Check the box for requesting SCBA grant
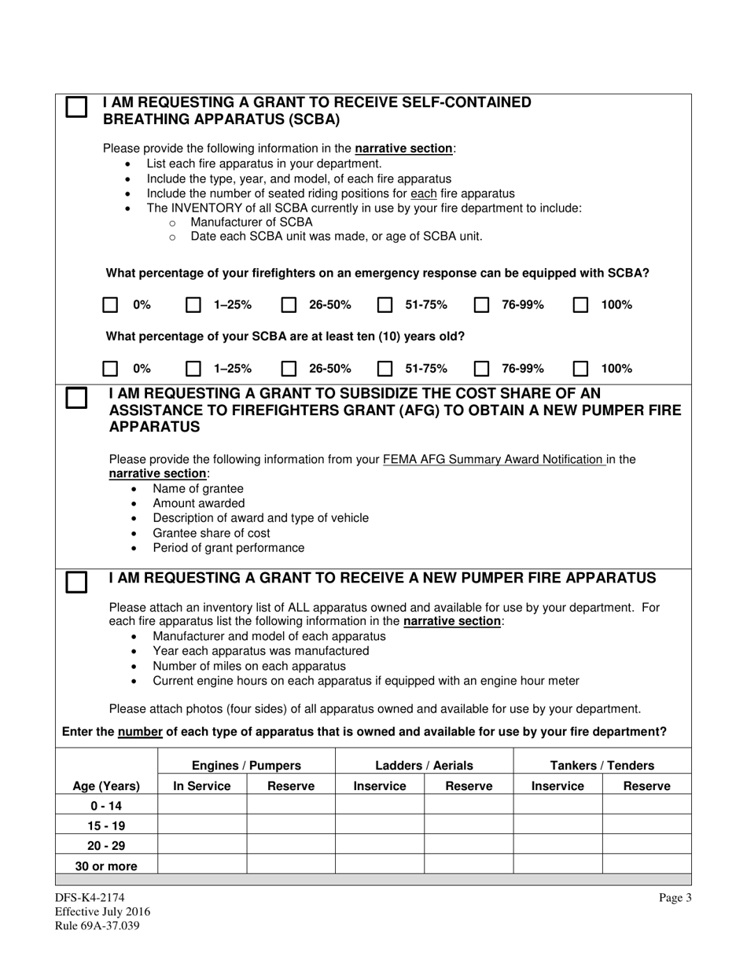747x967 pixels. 76,108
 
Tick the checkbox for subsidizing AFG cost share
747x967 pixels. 76,398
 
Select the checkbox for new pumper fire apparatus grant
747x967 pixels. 76,582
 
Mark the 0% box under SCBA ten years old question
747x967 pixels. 111,369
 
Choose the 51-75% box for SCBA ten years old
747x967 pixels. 385,369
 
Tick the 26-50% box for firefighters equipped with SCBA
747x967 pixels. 289,305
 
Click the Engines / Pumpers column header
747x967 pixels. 246,765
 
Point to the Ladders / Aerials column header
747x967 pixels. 424,765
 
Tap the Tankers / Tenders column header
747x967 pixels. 602,765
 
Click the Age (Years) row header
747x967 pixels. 106,785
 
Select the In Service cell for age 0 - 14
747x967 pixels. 202,806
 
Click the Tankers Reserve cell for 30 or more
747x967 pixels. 646,866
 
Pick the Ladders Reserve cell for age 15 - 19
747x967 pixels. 469,825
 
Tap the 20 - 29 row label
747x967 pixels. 106,846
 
